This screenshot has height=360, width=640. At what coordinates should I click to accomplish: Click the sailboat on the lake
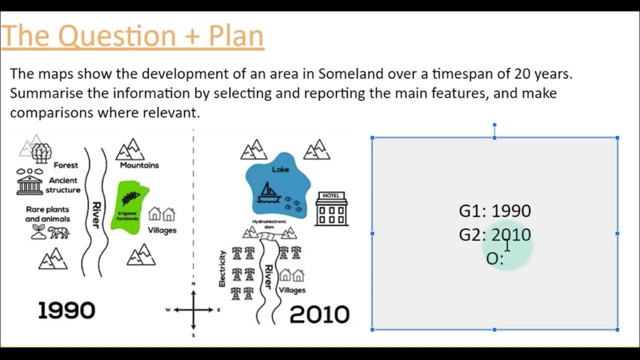point(268,192)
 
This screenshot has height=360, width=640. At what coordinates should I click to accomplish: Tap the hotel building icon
point(331,208)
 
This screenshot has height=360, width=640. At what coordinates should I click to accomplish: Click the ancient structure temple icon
point(29,185)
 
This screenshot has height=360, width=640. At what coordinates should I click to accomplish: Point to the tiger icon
point(58,232)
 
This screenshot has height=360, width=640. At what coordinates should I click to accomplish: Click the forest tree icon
point(41,152)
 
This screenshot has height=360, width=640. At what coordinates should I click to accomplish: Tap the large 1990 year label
point(66,310)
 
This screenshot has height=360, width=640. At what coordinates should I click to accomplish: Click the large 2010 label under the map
point(319,314)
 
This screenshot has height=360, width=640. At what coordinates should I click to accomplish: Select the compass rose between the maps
point(193,310)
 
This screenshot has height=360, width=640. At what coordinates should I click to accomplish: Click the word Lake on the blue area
point(280,169)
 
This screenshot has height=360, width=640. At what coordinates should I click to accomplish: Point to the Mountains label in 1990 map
point(139,165)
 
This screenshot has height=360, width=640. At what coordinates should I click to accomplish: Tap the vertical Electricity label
point(222,269)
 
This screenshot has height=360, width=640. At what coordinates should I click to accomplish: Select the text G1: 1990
point(494,211)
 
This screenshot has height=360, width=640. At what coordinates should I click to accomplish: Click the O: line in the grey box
point(494,258)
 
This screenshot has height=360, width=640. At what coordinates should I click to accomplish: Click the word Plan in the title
point(236,36)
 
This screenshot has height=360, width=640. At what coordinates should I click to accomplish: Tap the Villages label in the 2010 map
point(292,290)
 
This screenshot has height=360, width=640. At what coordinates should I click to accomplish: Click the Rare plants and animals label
point(47,214)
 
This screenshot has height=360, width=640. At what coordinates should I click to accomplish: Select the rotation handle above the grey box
point(494,125)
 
